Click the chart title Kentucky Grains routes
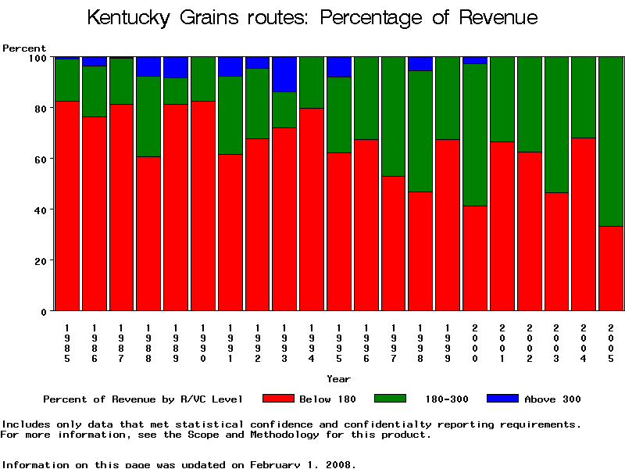[x=312, y=17]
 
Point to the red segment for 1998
[x=420, y=251]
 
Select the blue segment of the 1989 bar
[x=176, y=67]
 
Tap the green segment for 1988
[x=148, y=116]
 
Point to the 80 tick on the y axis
[x=41, y=108]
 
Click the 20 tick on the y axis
[x=41, y=260]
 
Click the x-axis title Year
[x=338, y=379]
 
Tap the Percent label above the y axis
[x=24, y=48]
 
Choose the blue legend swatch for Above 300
[x=502, y=399]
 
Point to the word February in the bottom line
[x=279, y=464]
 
